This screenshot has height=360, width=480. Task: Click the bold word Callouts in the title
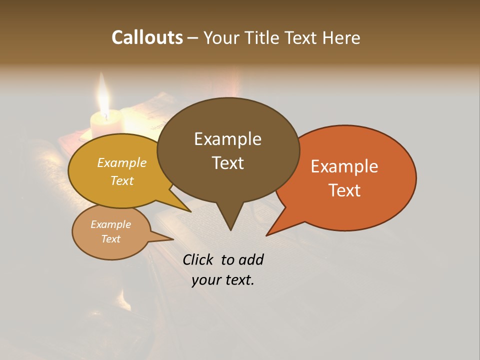[147, 37]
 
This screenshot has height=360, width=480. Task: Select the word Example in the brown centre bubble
[227, 139]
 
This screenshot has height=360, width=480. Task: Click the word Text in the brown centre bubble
[227, 163]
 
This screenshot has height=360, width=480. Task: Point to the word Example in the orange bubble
[344, 166]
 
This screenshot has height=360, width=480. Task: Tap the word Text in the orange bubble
[344, 190]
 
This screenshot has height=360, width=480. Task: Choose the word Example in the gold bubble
[122, 162]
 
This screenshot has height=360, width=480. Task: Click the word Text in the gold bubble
[122, 180]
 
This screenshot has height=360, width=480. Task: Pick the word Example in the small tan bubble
[110, 224]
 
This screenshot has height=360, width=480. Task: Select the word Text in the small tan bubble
[110, 239]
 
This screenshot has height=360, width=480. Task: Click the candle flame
[104, 97]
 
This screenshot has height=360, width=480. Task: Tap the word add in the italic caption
[251, 259]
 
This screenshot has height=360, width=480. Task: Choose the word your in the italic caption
[206, 280]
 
